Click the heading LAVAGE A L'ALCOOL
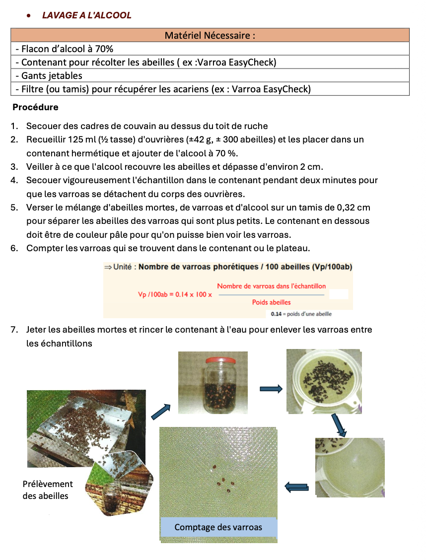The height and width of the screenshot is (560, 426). (x=87, y=15)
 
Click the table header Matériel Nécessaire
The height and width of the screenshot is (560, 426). (x=210, y=35)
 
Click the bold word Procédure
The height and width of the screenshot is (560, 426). (x=35, y=107)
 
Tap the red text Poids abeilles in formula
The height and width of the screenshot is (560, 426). (x=271, y=302)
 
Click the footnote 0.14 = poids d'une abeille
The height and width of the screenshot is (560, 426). (x=301, y=314)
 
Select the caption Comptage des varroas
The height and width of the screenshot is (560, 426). (x=218, y=527)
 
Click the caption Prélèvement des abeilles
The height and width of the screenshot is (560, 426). (x=48, y=490)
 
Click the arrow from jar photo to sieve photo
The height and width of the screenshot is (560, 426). (x=271, y=388)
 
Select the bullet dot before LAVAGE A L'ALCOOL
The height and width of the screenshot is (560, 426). (x=30, y=16)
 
